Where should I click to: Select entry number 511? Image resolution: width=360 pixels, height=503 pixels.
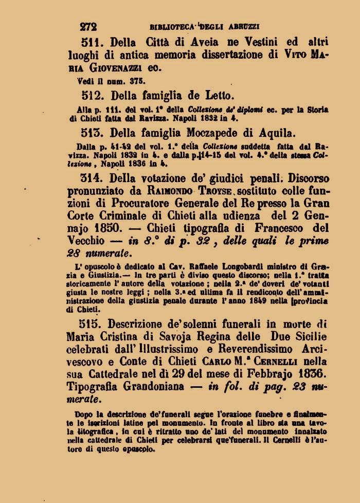[93, 42]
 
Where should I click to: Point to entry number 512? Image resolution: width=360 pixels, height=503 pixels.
[93, 95]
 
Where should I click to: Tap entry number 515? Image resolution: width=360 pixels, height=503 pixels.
[93, 324]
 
